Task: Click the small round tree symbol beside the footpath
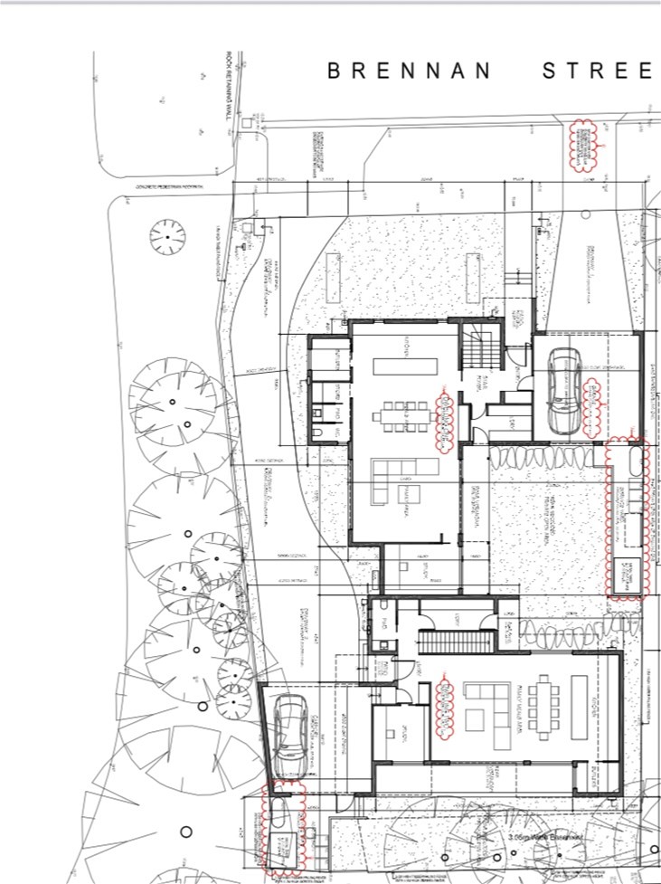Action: pos(167,236)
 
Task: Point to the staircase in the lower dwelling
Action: pos(456,641)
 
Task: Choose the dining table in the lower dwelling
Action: pos(545,708)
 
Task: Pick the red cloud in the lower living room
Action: pos(445,708)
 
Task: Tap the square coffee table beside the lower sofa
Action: pos(475,720)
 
